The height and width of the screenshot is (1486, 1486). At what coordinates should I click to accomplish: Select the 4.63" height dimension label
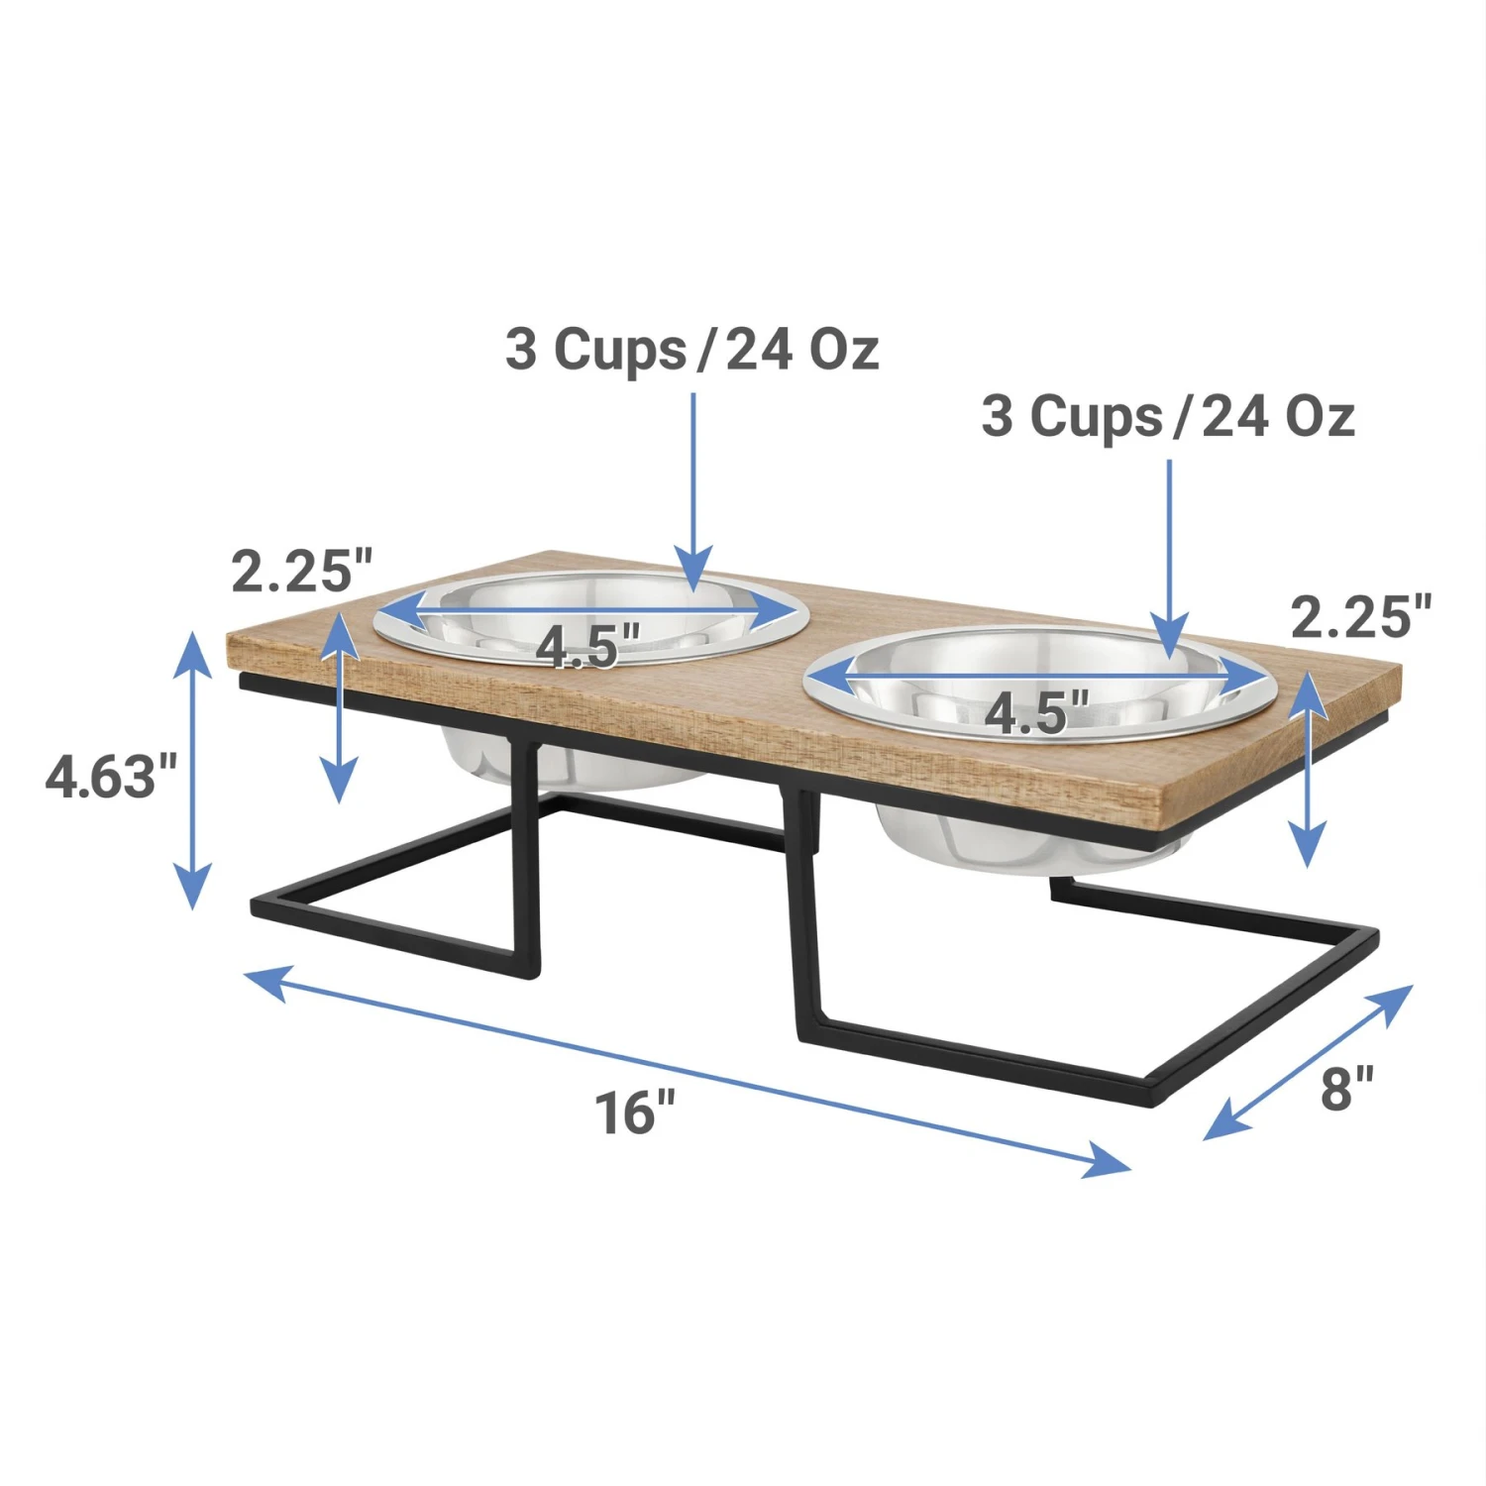[x=111, y=776]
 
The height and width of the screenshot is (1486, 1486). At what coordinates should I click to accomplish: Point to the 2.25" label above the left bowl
[x=301, y=571]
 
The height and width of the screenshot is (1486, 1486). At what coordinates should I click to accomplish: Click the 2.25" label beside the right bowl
[x=1361, y=617]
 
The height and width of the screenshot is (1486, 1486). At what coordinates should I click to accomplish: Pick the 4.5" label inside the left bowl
[x=587, y=647]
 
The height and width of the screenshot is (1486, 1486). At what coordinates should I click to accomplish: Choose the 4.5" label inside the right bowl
[x=1036, y=712]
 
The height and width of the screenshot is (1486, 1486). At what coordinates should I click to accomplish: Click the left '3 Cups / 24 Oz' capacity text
[x=691, y=350]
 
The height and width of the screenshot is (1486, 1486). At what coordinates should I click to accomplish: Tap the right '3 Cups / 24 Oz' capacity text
[x=1167, y=416]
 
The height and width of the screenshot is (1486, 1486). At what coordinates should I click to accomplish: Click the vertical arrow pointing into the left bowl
[x=693, y=485]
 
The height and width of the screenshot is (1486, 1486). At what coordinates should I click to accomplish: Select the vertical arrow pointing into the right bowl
[x=1170, y=555]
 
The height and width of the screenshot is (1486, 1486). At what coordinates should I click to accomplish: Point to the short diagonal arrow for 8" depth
[x=1308, y=1062]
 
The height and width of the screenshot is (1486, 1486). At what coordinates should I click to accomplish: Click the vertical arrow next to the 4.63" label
[x=193, y=770]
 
